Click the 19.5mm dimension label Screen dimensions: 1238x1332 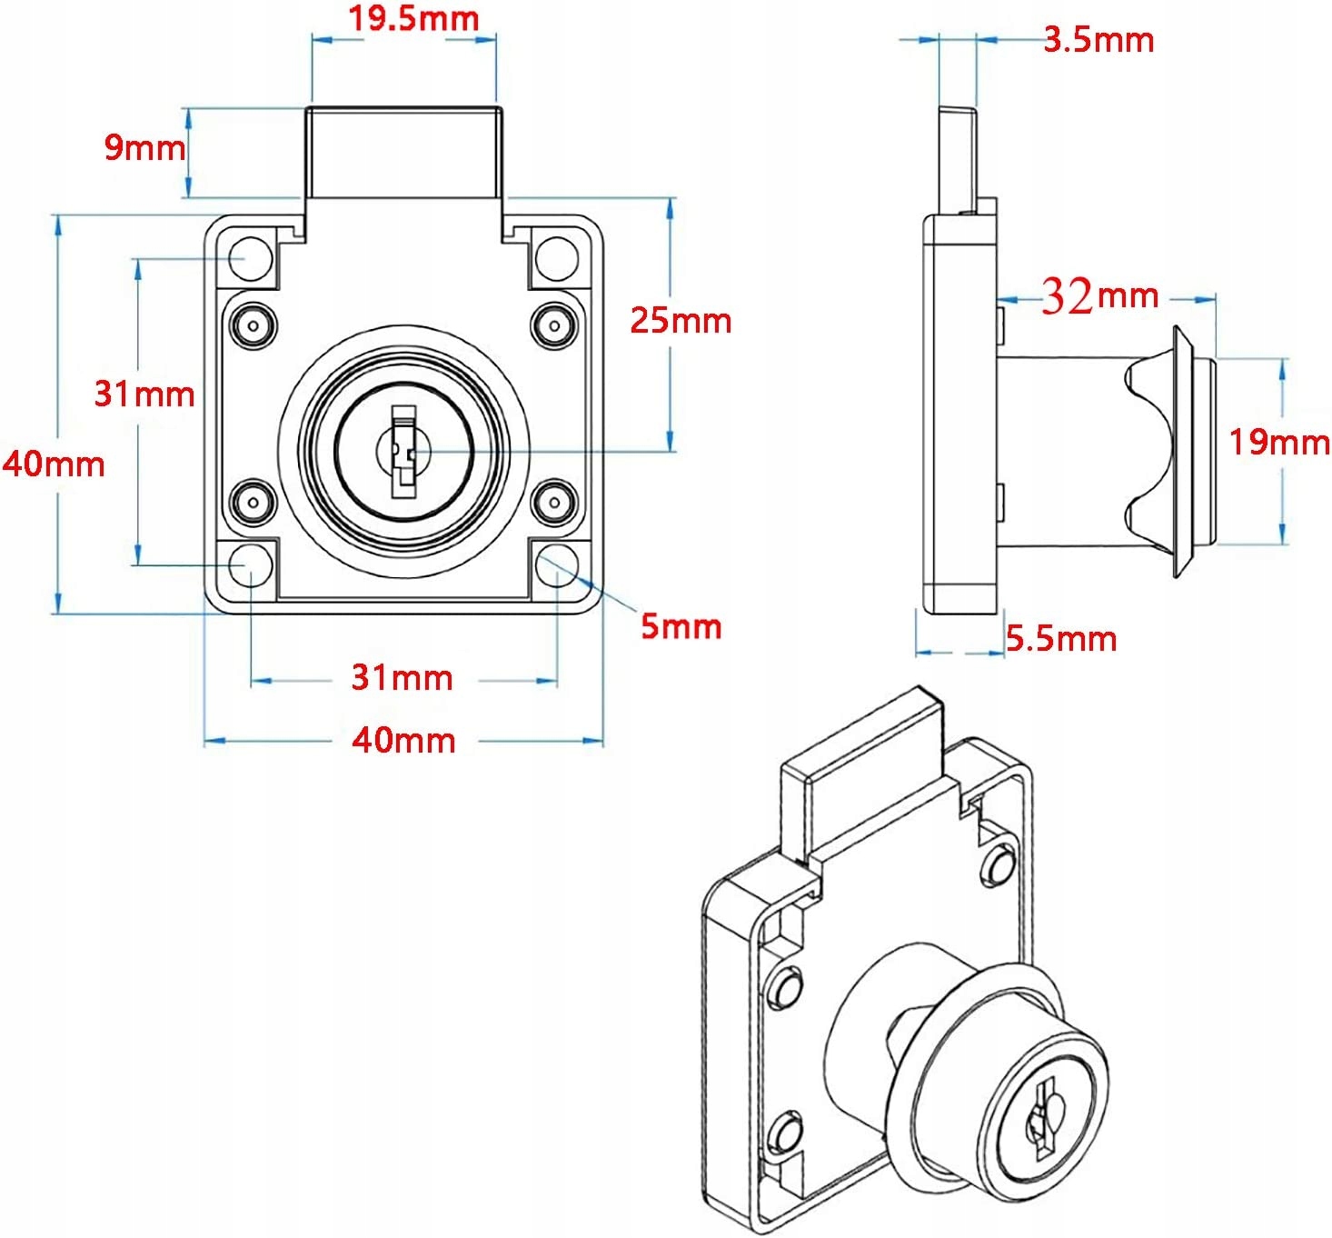point(414,19)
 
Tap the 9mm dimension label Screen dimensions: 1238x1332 point(144,146)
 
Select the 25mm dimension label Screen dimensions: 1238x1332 point(681,321)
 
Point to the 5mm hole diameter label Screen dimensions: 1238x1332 point(681,626)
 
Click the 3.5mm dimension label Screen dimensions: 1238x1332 point(1098,40)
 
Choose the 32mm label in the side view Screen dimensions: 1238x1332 point(1099,295)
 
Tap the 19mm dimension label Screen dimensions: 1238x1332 point(1278,442)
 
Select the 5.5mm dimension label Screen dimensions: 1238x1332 point(1060,639)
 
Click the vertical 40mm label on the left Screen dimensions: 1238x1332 point(53,464)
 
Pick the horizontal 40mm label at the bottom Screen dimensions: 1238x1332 point(403,741)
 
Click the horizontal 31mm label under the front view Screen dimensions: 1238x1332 point(402,677)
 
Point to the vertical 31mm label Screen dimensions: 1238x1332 point(144,394)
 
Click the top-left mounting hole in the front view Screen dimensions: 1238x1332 point(250,258)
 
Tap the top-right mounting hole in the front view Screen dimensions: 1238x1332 point(556,258)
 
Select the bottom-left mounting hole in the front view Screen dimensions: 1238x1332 point(250,565)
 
